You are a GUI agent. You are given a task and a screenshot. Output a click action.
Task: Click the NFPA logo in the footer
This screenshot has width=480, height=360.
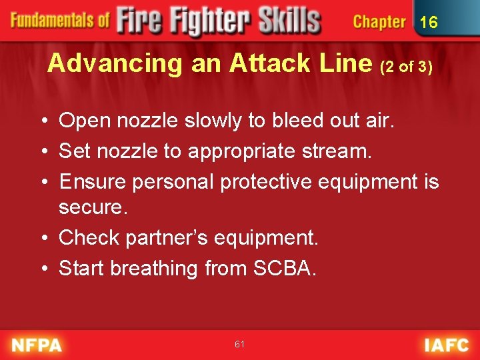coord(37,345)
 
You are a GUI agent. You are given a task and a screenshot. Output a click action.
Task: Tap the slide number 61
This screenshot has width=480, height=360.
coord(240,344)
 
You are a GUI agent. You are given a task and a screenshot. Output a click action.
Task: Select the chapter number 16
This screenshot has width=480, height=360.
coord(429,22)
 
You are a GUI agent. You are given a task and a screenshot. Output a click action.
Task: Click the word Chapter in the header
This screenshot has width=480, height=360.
coord(379,22)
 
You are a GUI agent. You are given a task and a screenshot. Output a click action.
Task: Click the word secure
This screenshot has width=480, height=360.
coord(91,207)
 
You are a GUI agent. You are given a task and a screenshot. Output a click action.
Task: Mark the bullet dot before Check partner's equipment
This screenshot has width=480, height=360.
coord(44,238)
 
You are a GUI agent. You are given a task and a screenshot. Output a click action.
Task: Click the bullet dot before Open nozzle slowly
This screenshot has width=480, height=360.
coord(44,121)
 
